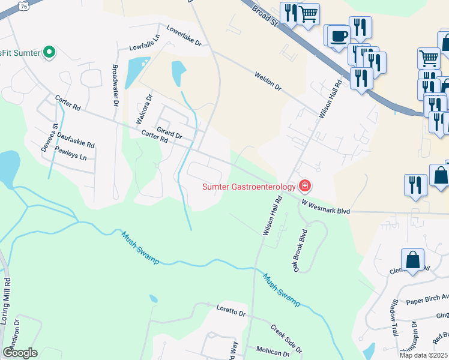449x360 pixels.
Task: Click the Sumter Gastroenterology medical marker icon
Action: [305, 185]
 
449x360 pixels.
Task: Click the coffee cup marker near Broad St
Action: [338, 36]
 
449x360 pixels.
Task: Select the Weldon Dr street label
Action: [268, 82]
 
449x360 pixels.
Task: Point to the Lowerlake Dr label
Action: [184, 36]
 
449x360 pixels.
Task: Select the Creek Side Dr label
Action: [286, 339]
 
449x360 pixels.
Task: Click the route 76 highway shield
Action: [23, 5]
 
